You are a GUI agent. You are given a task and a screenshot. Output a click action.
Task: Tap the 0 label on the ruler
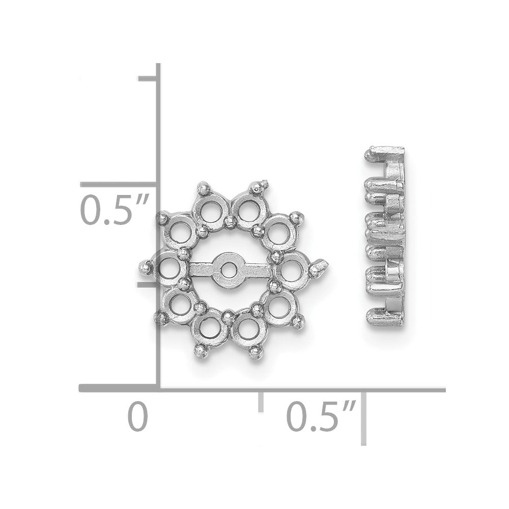(x=138, y=416)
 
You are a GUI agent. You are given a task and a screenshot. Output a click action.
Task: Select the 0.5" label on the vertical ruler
(x=114, y=210)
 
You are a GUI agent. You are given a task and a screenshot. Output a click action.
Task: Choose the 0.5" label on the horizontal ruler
(x=321, y=416)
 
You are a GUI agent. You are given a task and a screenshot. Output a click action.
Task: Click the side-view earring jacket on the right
(x=385, y=236)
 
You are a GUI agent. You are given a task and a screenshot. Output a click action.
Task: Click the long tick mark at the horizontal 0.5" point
(x=363, y=418)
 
